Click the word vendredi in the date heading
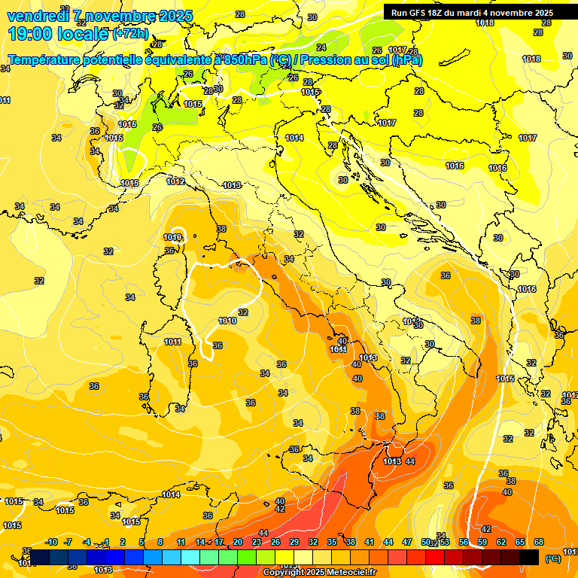click(x=37, y=16)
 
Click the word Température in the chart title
click(x=44, y=59)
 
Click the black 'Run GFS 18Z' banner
click(x=472, y=12)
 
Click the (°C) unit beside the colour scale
click(x=552, y=558)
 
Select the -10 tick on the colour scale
click(x=51, y=542)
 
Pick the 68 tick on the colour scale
click(x=539, y=542)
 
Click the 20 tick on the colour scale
click(x=238, y=542)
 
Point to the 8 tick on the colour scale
click(x=160, y=542)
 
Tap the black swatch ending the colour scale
click(x=529, y=557)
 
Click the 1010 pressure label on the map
click(x=227, y=321)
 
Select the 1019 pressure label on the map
click(x=172, y=238)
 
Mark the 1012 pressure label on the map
click(x=175, y=181)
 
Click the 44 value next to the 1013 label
click(x=410, y=461)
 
